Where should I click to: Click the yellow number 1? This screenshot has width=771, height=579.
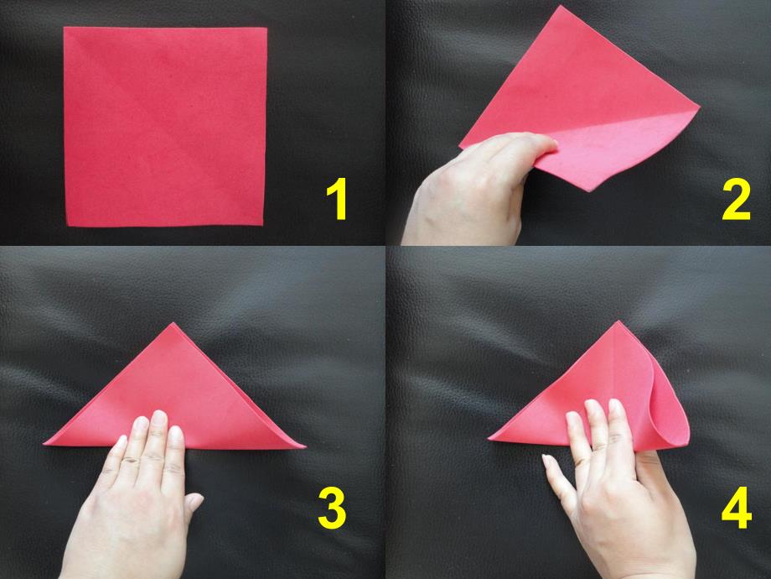337,200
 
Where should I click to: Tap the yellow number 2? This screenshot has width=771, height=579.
736,200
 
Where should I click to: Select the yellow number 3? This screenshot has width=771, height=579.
332,509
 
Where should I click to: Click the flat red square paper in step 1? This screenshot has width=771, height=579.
165,127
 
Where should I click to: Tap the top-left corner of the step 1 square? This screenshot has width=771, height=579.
64,28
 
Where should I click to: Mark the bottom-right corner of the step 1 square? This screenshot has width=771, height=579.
263,226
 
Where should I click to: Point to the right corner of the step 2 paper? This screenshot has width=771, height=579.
699,106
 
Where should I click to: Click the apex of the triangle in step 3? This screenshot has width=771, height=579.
173,323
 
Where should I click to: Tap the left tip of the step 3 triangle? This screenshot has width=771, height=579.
44,444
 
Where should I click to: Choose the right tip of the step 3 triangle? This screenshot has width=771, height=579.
305,447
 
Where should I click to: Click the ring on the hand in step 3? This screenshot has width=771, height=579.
130,461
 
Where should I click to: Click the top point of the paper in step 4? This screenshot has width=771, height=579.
618,321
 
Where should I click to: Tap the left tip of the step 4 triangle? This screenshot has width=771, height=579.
489,438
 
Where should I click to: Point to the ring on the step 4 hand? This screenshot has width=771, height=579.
598,449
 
